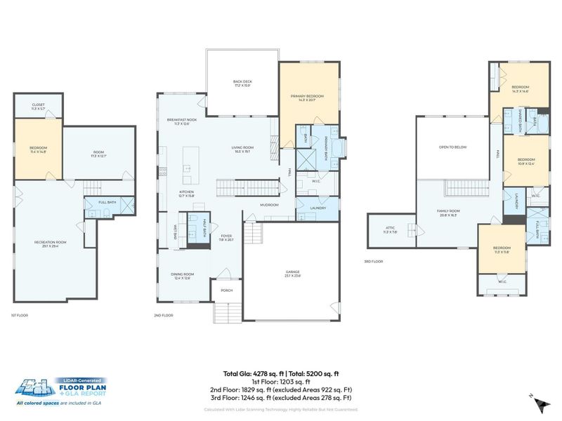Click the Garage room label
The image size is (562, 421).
click(293, 274)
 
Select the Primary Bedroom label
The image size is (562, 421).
click(308, 97)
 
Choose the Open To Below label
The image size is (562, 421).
click(452, 147)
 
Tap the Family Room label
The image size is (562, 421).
click(450, 213)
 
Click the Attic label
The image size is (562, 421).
click(390, 229)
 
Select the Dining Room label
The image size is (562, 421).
click(182, 275)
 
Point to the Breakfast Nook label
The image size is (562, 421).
click(181, 121)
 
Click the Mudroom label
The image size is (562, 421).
click(269, 205)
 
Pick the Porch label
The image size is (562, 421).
click(227, 290)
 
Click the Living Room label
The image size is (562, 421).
click(242, 149)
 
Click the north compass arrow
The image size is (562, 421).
click(540, 403)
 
